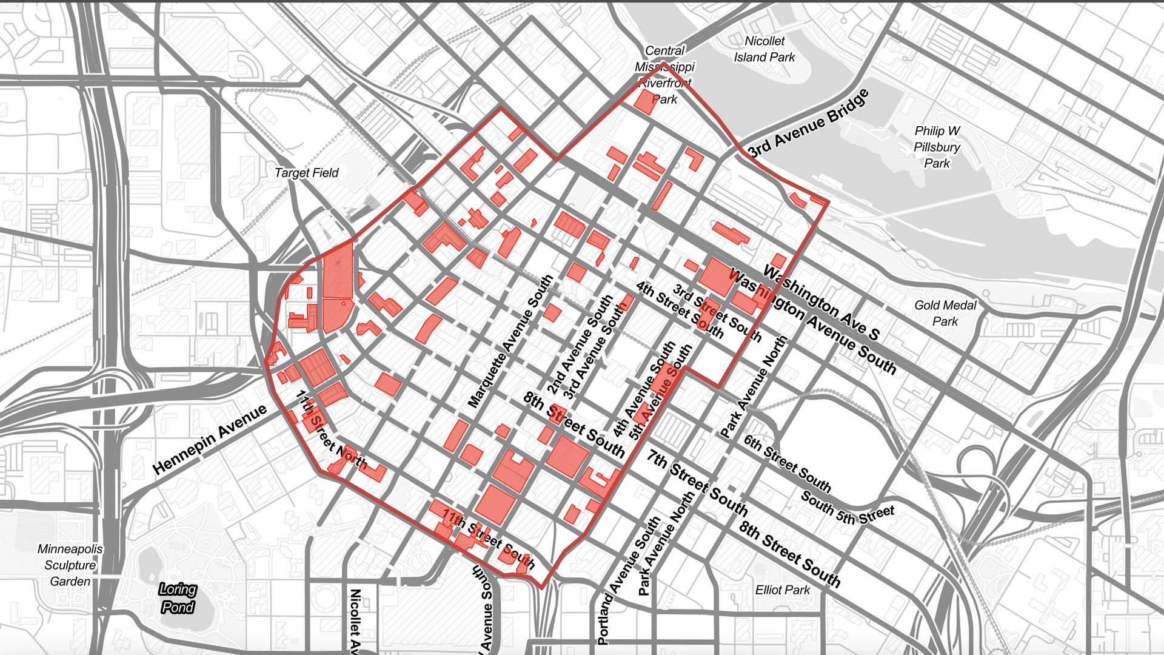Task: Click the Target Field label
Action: [306, 173]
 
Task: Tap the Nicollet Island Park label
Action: [764, 49]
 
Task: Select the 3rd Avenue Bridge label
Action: [808, 124]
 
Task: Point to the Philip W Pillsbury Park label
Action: [937, 147]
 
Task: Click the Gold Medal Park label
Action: [945, 313]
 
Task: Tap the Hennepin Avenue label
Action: [209, 439]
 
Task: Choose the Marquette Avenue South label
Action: [510, 341]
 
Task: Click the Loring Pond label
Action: [178, 598]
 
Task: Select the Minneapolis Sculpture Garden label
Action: [70, 565]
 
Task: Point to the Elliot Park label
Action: [782, 589]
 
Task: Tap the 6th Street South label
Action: [787, 463]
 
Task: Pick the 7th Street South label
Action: [697, 482]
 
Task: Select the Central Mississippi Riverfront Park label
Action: [664, 75]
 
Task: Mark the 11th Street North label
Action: [331, 430]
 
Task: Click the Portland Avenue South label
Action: [629, 580]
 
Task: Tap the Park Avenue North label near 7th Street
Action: [665, 543]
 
